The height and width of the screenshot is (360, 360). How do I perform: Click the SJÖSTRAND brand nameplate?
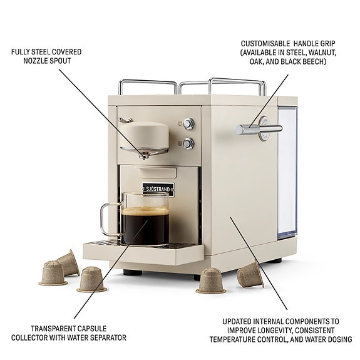(x=158, y=190)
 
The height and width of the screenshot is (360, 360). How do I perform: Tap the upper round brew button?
(x=188, y=124)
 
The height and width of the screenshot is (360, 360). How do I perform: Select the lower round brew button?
(x=188, y=144)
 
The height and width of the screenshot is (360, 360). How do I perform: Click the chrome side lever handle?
(x=258, y=129)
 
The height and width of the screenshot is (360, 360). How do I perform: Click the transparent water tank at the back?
(x=287, y=173)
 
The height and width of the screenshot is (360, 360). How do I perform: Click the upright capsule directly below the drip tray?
(x=91, y=279)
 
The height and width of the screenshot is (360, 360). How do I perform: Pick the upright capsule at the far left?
(x=53, y=273)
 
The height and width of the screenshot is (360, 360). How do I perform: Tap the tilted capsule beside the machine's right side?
(x=250, y=275)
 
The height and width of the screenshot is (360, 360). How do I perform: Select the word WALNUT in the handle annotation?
(x=322, y=53)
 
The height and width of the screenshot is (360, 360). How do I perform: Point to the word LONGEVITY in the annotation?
(x=274, y=331)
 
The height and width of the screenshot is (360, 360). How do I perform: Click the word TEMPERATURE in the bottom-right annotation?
(x=231, y=339)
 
